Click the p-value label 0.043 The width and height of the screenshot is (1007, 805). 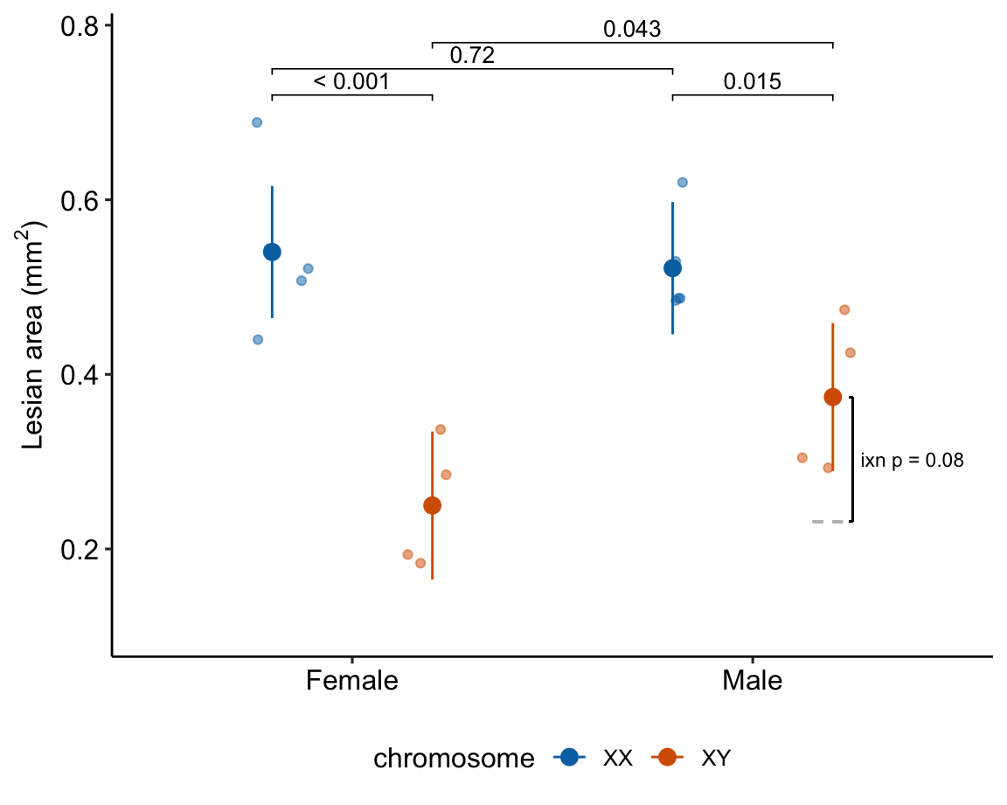pyautogui.click(x=631, y=30)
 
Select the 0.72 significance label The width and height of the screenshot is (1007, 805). pyautogui.click(x=472, y=56)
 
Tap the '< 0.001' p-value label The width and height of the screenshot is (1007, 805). pyautogui.click(x=351, y=82)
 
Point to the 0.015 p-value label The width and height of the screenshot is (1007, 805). pyautogui.click(x=752, y=82)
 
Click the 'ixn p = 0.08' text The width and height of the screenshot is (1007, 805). pyautogui.click(x=912, y=461)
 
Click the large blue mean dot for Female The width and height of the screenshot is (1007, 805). pyautogui.click(x=272, y=252)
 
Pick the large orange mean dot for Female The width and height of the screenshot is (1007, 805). pyautogui.click(x=432, y=505)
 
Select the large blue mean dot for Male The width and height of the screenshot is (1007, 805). pyautogui.click(x=672, y=268)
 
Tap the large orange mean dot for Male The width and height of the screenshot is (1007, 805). pyautogui.click(x=832, y=397)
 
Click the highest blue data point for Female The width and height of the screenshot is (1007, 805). pyautogui.click(x=257, y=122)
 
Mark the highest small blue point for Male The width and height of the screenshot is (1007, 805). pyautogui.click(x=683, y=182)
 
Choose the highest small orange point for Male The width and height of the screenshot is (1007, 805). pyautogui.click(x=844, y=309)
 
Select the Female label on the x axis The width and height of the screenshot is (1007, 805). pyautogui.click(x=351, y=680)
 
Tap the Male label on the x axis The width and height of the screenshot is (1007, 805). pyautogui.click(x=752, y=680)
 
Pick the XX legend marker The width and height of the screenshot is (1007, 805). pyautogui.click(x=570, y=758)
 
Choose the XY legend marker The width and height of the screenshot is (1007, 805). pyautogui.click(x=669, y=758)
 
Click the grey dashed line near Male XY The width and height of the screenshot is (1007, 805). pyautogui.click(x=828, y=522)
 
